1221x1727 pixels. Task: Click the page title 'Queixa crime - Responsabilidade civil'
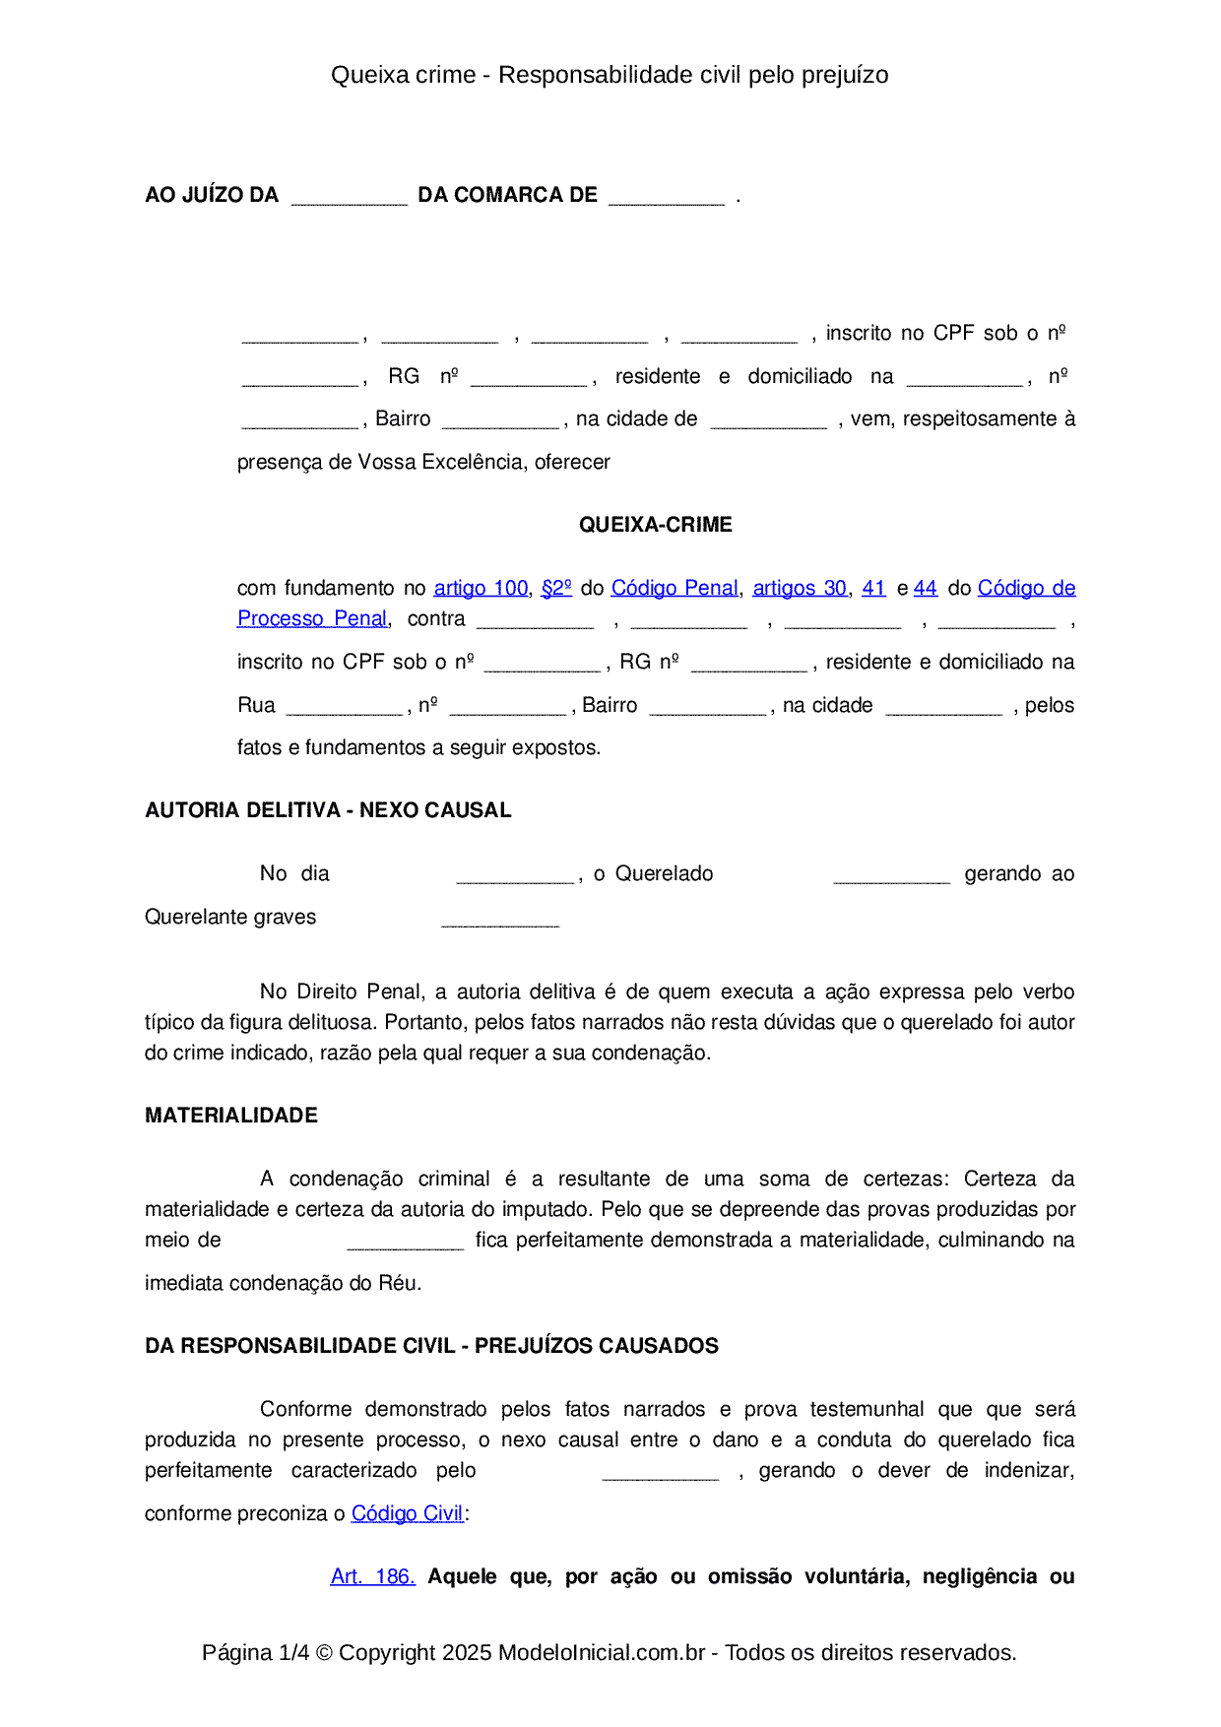tap(610, 75)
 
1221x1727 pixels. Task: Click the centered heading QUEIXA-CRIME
tap(655, 525)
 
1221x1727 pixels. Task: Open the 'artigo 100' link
tap(481, 588)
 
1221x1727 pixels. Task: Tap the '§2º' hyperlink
tap(556, 588)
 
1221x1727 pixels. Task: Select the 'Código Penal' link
tap(675, 588)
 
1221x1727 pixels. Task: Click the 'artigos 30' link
tap(800, 588)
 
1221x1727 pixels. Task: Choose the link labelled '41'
tap(873, 588)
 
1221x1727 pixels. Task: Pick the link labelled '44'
tap(926, 588)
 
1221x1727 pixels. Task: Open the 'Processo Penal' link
tap(312, 618)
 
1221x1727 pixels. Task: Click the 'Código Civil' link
tap(407, 1513)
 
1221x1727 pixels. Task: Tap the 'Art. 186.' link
tap(372, 1576)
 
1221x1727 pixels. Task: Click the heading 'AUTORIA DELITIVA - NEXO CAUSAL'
tap(328, 810)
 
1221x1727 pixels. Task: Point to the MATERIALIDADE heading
tap(231, 1116)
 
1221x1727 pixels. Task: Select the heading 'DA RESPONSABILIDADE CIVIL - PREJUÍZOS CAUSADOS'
tap(431, 1346)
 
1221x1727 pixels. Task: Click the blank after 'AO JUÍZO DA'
tap(350, 197)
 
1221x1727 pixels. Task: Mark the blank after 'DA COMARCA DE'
tap(667, 197)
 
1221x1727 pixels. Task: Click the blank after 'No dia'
tap(515, 876)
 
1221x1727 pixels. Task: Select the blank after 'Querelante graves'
tap(500, 920)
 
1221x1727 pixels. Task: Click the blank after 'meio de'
tap(406, 1243)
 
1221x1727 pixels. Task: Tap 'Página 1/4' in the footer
tap(255, 1652)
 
